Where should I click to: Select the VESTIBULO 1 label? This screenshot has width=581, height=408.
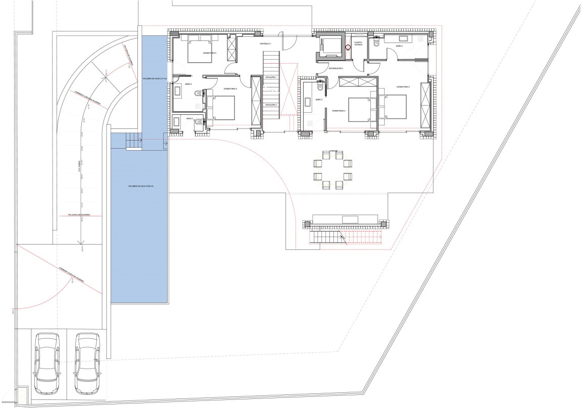coord(266,44)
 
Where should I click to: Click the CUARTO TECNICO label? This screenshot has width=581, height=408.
coord(358,43)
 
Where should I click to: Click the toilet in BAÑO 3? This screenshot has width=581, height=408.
coord(319,87)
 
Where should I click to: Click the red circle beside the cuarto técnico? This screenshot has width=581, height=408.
coord(348,48)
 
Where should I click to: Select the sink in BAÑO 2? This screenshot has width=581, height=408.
coord(404,38)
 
